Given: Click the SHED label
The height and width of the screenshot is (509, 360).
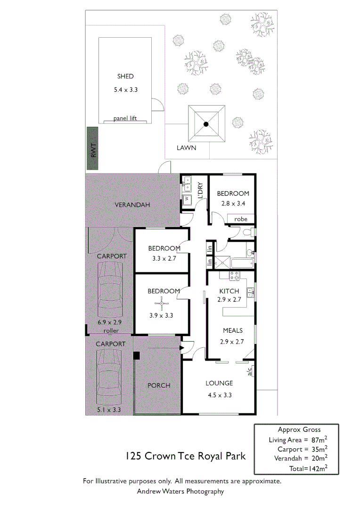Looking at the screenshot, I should (x=125, y=76).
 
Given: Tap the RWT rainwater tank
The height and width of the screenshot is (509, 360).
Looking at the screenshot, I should (x=93, y=148).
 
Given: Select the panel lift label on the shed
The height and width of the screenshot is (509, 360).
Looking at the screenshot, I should (x=125, y=118).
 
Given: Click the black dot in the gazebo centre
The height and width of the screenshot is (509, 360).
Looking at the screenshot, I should (x=206, y=124).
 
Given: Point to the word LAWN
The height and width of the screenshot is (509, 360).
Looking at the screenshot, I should (x=186, y=148).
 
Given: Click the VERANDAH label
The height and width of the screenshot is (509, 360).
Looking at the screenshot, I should (x=132, y=205).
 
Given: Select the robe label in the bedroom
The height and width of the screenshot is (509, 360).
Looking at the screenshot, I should (x=241, y=219).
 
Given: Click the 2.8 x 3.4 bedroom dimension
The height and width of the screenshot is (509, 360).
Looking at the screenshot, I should (x=232, y=204).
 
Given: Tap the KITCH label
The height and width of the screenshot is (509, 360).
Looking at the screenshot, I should (x=229, y=291).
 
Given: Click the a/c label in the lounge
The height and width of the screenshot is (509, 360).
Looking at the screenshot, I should (x=250, y=371).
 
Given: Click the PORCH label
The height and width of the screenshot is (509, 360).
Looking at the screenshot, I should (x=159, y=385).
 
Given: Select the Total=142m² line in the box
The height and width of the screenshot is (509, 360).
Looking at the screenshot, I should (x=308, y=468).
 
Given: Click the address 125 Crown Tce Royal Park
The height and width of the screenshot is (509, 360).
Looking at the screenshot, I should (x=185, y=456).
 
